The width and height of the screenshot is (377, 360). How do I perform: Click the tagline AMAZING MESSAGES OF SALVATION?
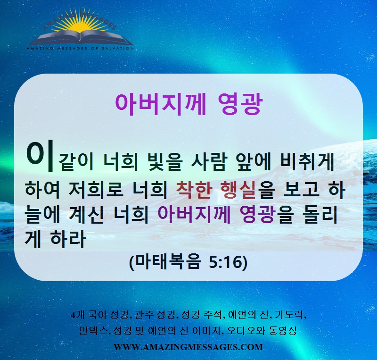point(80,49)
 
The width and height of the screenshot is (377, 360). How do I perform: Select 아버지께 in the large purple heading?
point(161,104)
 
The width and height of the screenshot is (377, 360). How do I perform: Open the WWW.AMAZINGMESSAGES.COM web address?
point(188,347)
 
